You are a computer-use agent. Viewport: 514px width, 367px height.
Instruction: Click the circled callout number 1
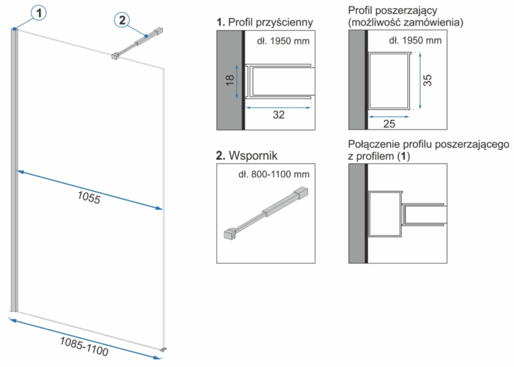tap(39, 13)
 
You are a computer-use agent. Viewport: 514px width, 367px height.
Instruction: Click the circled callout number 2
tap(122, 21)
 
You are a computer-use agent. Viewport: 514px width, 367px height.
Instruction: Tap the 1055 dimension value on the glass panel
tap(89, 198)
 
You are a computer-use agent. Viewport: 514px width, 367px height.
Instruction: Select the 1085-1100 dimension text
tap(84, 346)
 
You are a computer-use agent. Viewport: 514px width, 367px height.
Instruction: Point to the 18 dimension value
tap(230, 80)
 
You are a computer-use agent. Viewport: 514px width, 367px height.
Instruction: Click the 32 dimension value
tap(279, 115)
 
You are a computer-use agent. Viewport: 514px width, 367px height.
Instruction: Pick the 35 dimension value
tap(427, 81)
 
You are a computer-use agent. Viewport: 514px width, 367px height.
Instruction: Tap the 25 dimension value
tap(389, 124)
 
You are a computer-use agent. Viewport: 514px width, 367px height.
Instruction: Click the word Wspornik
tap(253, 155)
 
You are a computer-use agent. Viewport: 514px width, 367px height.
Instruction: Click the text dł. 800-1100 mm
tap(274, 174)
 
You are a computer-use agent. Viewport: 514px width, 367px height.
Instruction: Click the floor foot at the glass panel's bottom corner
tap(163, 349)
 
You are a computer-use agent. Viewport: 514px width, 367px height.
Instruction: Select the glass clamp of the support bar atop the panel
tap(115, 56)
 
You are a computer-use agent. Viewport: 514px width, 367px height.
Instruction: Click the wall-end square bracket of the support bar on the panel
tap(159, 31)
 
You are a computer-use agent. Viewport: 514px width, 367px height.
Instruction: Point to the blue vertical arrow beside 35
tap(420, 81)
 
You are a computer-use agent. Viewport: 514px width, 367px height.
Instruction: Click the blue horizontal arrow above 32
tap(278, 107)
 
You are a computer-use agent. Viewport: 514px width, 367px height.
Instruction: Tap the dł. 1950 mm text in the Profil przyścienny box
tap(283, 41)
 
